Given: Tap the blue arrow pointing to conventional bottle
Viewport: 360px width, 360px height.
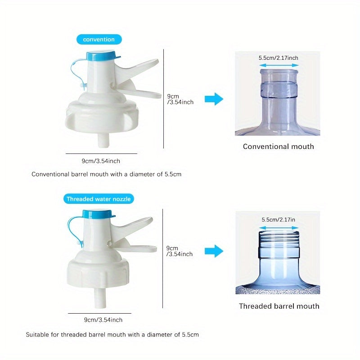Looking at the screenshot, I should click(214, 99).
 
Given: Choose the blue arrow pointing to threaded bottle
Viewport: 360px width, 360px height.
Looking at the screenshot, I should click(214, 251).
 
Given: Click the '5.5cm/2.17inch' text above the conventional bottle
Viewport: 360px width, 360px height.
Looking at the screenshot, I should click(278, 58).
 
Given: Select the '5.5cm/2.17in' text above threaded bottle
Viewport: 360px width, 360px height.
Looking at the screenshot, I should click(278, 220).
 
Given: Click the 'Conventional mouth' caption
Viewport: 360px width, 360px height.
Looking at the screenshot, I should click(278, 146).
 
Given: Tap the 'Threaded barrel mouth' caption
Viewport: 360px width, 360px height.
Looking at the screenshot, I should click(279, 306).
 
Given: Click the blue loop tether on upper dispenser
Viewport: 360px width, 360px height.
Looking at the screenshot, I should click(74, 72).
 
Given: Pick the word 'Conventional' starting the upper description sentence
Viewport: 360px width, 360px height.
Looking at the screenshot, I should click(49, 174).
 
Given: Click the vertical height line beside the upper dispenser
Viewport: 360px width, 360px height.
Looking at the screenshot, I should click(163, 99).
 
